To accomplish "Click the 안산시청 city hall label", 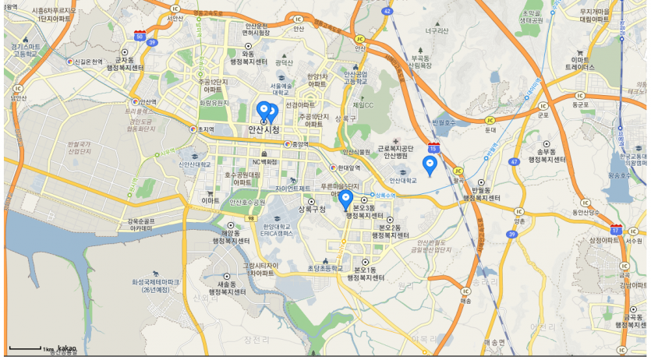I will coord(264,129).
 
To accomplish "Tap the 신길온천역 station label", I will coord(87,61).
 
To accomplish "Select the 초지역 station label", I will coord(205,129).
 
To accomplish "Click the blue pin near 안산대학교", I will coord(429,165).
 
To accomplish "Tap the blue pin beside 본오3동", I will coord(347,200).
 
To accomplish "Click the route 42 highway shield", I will coord(387,11).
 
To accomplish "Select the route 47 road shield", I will coord(515,162).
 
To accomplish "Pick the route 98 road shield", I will coord(251,219).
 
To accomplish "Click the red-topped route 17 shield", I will coord(616,230).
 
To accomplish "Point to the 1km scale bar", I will coord(25,348).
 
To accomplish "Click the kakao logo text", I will coord(66,348).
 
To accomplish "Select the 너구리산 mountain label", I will coord(437,30).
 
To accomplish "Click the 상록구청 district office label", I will coord(312,210).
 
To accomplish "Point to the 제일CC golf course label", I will coord(363,104).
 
